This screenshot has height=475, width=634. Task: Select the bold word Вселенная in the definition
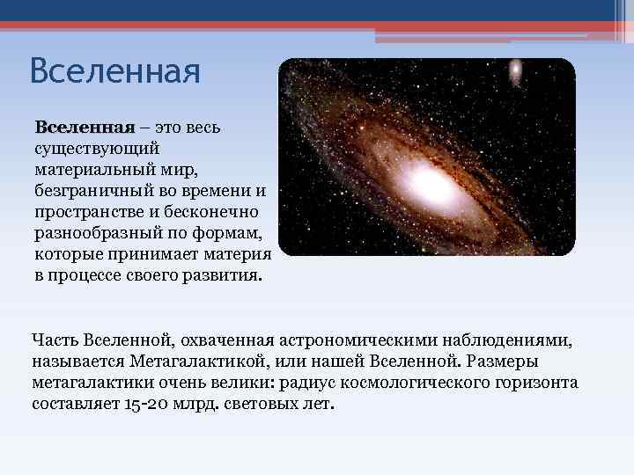click(x=84, y=128)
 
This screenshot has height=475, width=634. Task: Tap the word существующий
click(x=97, y=150)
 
